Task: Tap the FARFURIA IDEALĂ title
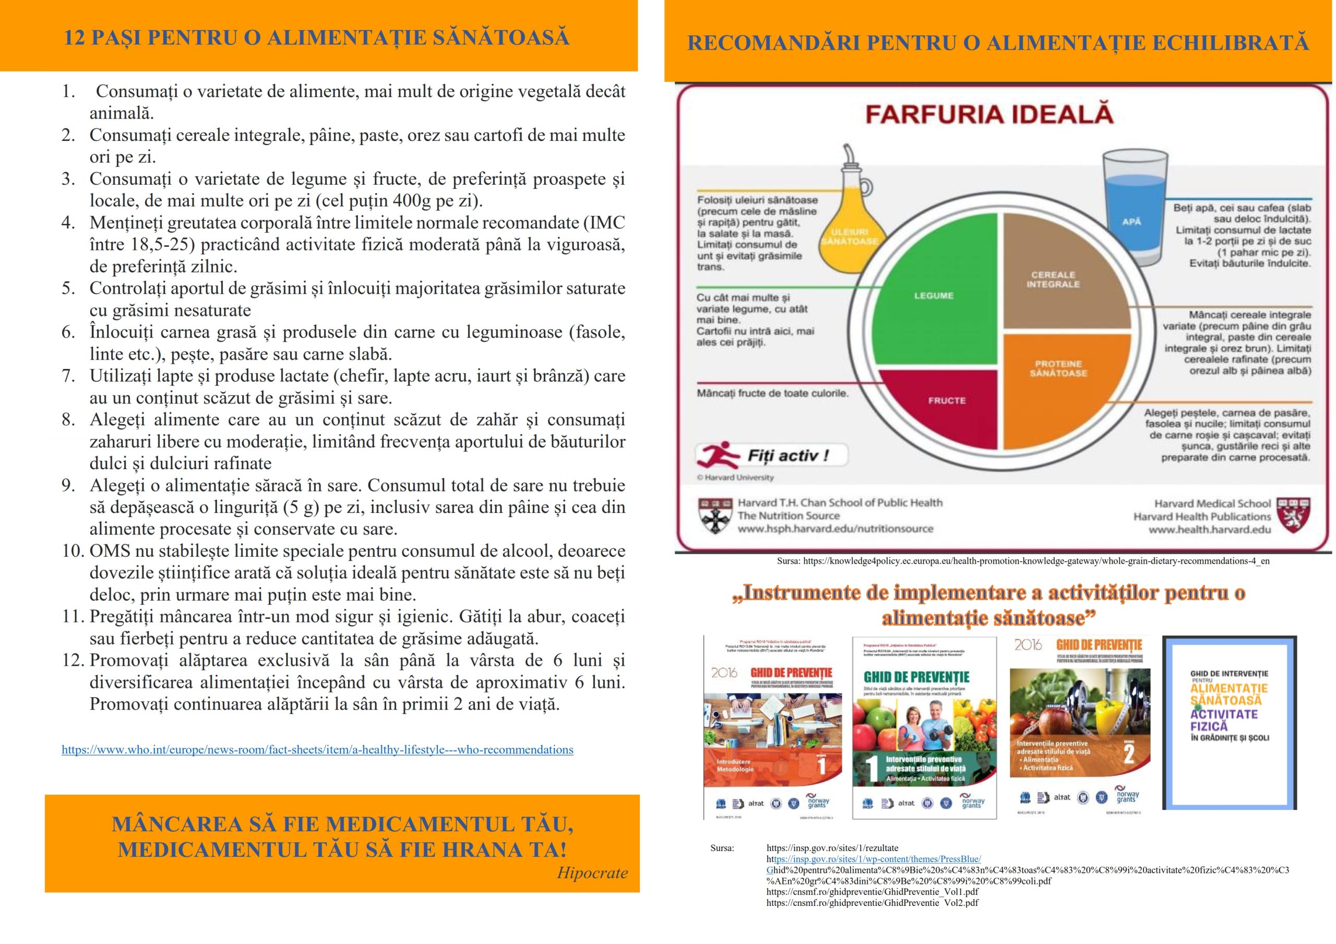click(988, 114)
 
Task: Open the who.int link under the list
click(317, 749)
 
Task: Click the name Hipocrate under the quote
click(592, 873)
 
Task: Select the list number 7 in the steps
click(69, 376)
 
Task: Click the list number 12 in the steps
click(73, 661)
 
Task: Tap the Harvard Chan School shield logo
click(714, 516)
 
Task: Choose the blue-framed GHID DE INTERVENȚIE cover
click(1229, 722)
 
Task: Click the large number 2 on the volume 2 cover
click(1128, 753)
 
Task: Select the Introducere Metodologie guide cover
click(773, 727)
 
